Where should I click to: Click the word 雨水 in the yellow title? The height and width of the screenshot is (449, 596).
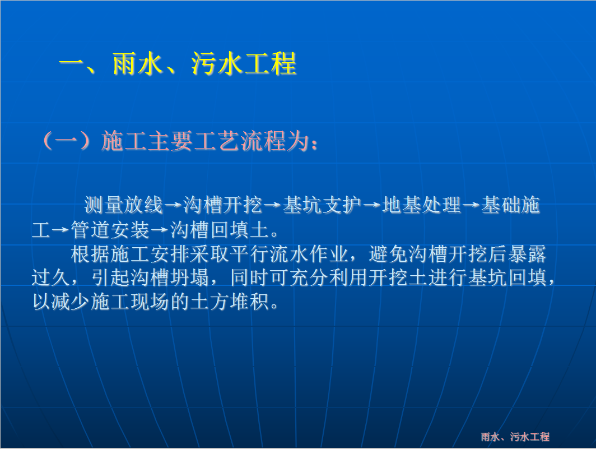(x=138, y=63)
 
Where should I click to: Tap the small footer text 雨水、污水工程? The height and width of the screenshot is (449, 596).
(x=515, y=437)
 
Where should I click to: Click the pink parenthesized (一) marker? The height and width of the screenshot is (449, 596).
(x=67, y=141)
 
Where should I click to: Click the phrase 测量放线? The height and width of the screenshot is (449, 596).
(x=124, y=205)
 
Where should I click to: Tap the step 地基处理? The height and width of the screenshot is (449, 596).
(x=422, y=205)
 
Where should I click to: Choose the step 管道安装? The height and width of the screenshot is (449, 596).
(x=110, y=230)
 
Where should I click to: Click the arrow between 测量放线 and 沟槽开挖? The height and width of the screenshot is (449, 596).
(x=173, y=206)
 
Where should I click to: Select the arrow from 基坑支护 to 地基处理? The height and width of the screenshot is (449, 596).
(x=372, y=206)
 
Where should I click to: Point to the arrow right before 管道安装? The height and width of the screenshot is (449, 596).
(x=61, y=230)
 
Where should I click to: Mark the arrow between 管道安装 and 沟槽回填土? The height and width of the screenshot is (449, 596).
(x=160, y=230)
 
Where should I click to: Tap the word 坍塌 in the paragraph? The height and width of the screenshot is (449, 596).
(x=190, y=278)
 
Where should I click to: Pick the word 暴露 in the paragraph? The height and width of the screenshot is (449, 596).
(x=527, y=254)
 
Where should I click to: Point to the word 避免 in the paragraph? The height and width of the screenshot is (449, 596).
(x=388, y=254)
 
